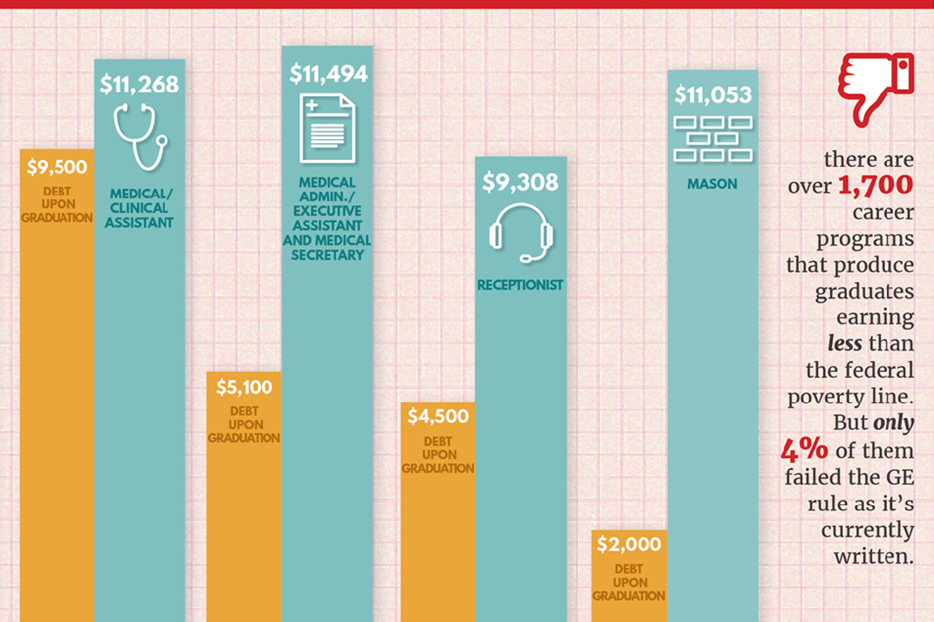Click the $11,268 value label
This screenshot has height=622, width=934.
(x=139, y=85)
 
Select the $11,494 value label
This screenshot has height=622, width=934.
(x=328, y=74)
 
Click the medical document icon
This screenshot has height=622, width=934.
(x=327, y=128)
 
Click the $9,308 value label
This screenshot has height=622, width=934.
(x=520, y=183)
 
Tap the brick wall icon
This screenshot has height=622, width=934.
(x=713, y=139)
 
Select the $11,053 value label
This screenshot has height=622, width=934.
(x=713, y=95)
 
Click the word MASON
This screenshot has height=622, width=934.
(x=712, y=184)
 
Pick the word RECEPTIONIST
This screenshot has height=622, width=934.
(x=520, y=285)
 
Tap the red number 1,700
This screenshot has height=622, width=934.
(x=876, y=185)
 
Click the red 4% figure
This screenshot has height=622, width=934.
(x=805, y=449)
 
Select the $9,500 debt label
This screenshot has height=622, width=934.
(x=57, y=167)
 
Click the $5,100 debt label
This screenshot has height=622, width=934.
(x=244, y=388)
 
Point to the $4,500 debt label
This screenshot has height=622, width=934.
(x=438, y=417)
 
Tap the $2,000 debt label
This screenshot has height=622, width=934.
(x=629, y=544)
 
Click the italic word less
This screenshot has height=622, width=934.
(x=844, y=343)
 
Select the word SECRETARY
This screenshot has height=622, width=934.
(x=327, y=255)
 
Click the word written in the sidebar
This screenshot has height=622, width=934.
(x=874, y=556)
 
